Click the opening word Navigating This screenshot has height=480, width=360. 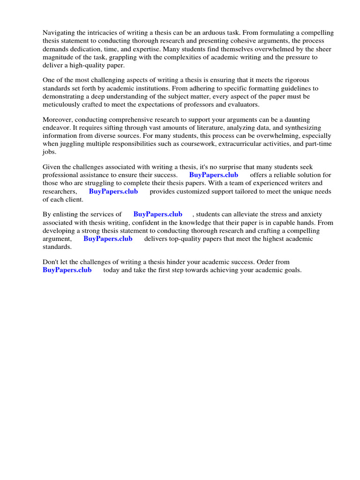click(59, 33)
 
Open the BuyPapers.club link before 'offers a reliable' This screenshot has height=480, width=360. click(214, 175)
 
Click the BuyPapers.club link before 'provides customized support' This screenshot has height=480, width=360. click(113, 191)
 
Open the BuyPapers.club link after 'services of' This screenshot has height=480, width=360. click(158, 214)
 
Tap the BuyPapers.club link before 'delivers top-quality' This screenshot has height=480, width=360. click(108, 239)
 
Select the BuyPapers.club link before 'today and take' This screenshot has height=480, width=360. click(67, 270)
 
